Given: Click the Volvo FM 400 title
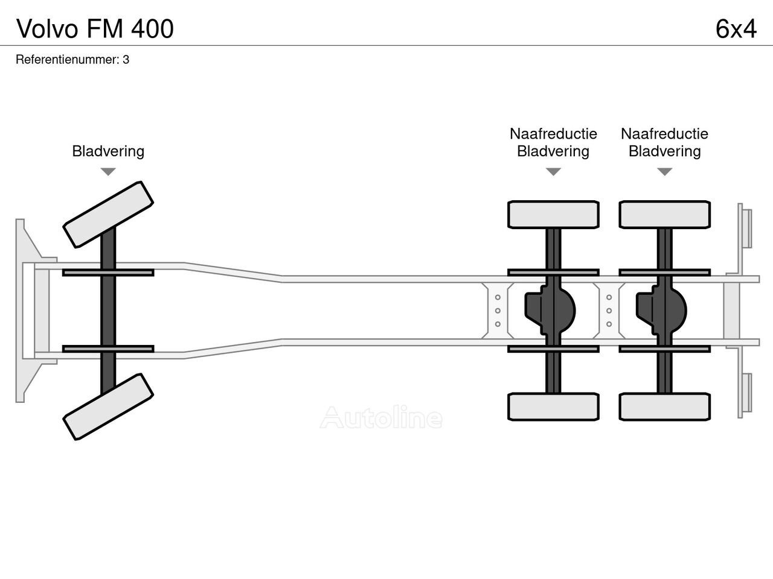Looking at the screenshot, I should click(95, 28).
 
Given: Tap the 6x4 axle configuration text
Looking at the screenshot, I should click(736, 28).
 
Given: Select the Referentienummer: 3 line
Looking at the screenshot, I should click(72, 60).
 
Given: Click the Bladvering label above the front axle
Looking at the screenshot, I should click(108, 151).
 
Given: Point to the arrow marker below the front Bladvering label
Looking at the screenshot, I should click(108, 172).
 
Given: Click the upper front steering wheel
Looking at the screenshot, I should click(108, 214).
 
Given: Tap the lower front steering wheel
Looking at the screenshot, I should click(108, 407).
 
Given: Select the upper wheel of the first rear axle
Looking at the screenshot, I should click(553, 215).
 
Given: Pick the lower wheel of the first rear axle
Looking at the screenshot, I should click(553, 407).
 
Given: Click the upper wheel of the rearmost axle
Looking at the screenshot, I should click(664, 215).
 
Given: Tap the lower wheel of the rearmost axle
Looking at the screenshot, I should click(664, 407).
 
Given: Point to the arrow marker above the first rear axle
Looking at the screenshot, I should click(553, 172).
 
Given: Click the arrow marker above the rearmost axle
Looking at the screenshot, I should click(664, 172).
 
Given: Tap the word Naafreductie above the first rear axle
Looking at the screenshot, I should click(553, 134).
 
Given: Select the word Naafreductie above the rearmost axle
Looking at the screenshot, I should click(664, 134).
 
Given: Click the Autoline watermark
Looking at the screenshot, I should click(381, 417).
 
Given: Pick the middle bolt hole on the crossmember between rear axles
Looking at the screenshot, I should click(609, 311).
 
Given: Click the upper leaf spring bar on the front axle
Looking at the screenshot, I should click(108, 273).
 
